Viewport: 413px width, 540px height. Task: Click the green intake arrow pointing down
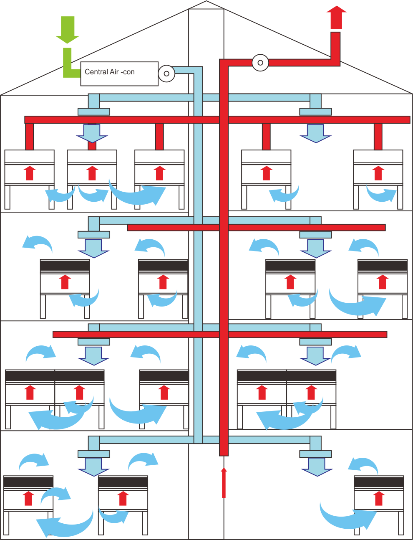point(67,30)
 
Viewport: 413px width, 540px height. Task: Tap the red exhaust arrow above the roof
point(336,17)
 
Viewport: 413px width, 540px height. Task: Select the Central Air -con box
point(119,74)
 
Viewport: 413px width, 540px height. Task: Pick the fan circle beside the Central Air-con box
point(166,74)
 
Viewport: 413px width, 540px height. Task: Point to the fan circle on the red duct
point(260,63)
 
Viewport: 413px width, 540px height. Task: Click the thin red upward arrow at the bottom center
point(224,482)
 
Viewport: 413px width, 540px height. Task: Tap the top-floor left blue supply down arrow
point(92,134)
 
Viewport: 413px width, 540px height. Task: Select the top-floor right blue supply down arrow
point(315,134)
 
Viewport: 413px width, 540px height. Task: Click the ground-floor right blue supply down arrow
point(317,467)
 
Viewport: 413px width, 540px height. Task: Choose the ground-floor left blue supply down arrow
point(93,467)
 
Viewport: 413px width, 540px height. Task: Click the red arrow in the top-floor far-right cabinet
point(378,173)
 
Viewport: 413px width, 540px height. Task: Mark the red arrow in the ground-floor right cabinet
point(379,498)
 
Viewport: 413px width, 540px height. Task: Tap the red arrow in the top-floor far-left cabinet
point(30,173)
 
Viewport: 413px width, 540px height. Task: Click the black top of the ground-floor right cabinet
point(379,482)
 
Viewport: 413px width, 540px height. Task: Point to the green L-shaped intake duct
point(71,63)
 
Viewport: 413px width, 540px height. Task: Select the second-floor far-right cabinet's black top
point(383,265)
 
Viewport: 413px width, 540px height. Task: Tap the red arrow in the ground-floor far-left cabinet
point(28,498)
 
